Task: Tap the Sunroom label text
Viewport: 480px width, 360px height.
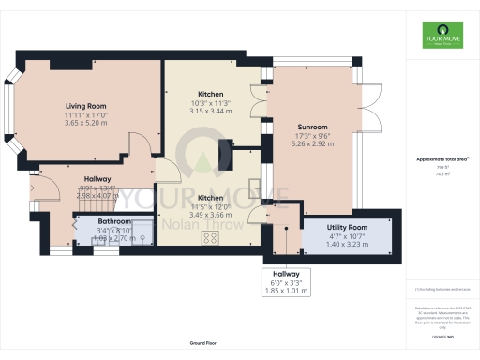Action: click(312, 127)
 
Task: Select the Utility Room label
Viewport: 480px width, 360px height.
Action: click(346, 228)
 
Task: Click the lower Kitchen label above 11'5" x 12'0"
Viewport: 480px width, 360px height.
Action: click(209, 198)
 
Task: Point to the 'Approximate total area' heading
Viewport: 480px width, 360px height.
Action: click(442, 160)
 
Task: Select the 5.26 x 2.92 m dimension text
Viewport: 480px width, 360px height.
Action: click(312, 144)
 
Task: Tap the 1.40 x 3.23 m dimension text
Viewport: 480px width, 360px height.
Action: click(346, 245)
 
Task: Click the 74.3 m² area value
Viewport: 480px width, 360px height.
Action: click(442, 173)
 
